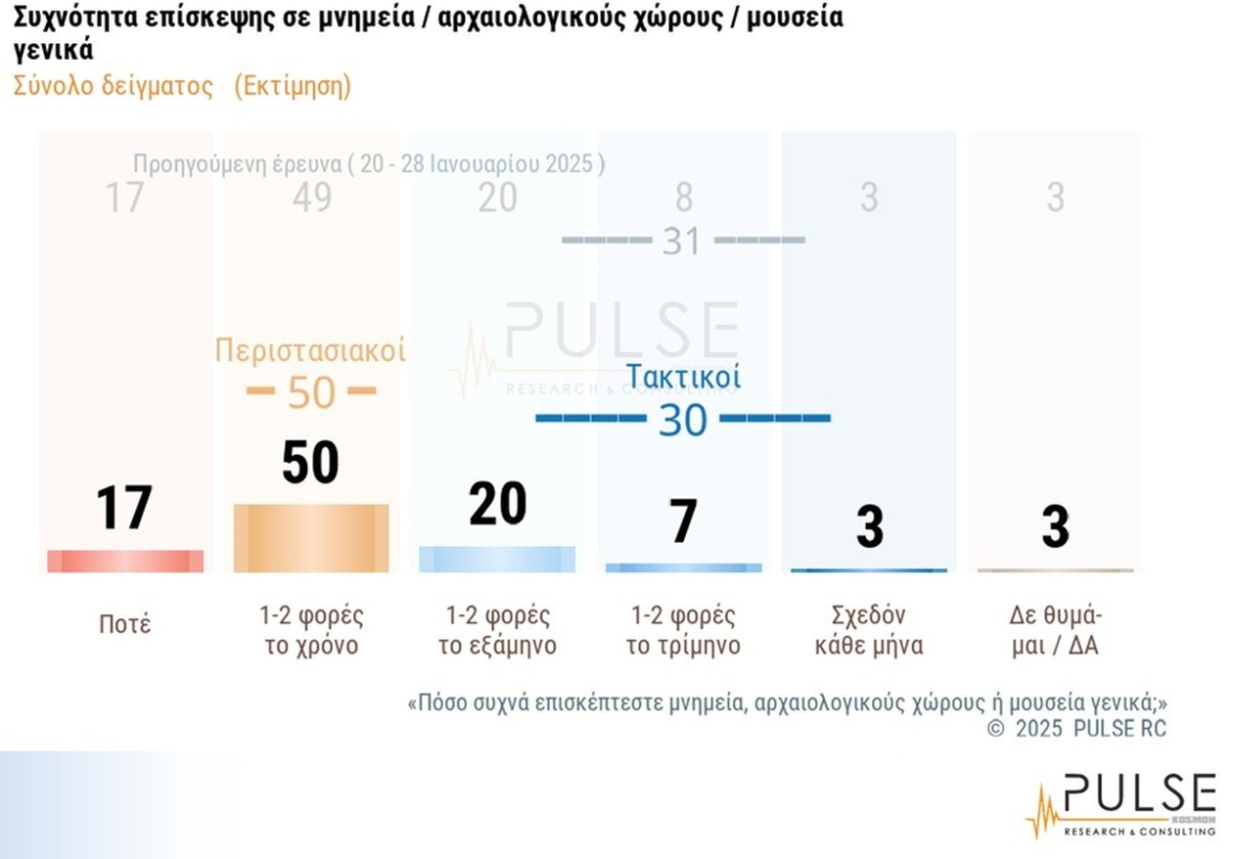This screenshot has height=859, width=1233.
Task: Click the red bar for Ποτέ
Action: coord(125,561)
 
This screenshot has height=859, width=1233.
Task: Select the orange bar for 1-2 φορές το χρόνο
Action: coord(311,538)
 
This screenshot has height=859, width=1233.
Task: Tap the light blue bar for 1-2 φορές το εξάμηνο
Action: coord(497,559)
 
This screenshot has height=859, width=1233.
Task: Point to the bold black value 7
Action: coord(683,521)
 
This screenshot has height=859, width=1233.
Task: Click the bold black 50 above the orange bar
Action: coord(310,463)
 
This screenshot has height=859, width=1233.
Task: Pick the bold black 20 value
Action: coord(497,505)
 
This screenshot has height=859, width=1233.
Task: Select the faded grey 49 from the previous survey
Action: coord(311,198)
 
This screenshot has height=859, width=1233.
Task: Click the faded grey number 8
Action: coord(683,198)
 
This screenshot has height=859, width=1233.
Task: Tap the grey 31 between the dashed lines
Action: coord(682,241)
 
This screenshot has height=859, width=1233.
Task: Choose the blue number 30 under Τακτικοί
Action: coord(682,420)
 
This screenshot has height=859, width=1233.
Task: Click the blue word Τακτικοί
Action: coord(683,377)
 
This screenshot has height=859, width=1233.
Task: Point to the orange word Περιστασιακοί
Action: coord(310,350)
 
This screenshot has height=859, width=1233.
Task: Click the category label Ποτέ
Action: coord(125,624)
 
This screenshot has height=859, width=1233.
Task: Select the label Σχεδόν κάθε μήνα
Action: coord(869,631)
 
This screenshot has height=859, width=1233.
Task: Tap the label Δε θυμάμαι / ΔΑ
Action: coord(1055,631)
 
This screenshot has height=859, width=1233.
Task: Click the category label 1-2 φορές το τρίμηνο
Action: coord(683,631)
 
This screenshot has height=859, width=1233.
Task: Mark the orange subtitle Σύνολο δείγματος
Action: coord(113,86)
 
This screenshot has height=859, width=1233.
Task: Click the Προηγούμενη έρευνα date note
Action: coord(368,163)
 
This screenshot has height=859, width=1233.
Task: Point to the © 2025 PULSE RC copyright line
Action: coord(1076,728)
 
